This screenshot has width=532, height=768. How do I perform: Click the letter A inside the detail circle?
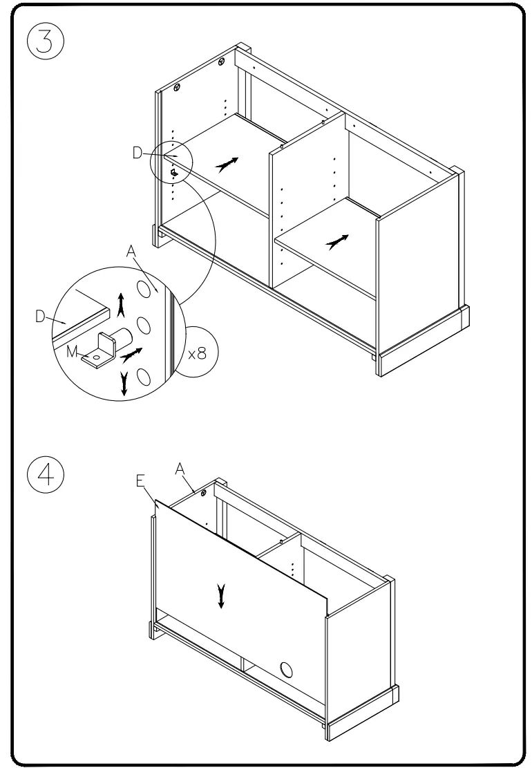[x=131, y=253]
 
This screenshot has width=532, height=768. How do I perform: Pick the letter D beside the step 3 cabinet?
[x=137, y=153]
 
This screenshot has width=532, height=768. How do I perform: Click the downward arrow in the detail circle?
[x=124, y=383]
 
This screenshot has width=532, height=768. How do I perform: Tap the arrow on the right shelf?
[x=336, y=241]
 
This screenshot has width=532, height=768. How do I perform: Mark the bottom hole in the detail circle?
[x=144, y=376]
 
